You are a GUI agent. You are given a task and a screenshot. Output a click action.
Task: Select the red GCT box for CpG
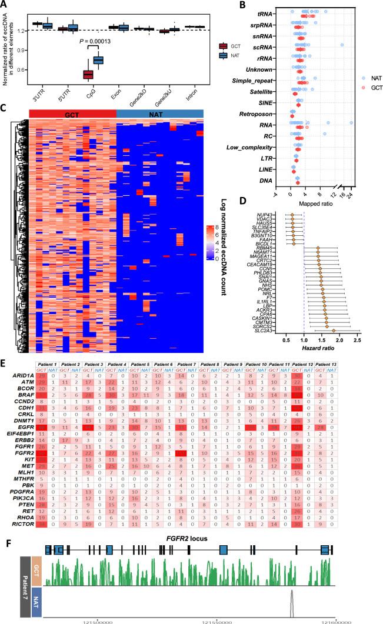pyautogui.click(x=88, y=74)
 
